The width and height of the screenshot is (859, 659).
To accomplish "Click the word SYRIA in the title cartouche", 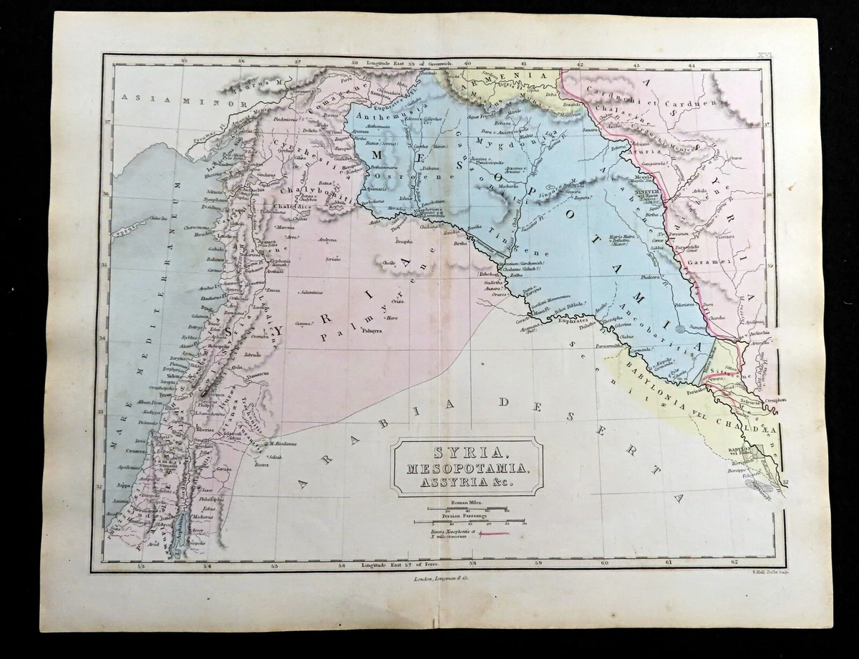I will [x=466, y=454].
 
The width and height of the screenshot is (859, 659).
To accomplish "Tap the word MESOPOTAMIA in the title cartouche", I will [x=466, y=469].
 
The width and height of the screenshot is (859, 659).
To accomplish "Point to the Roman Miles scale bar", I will [x=469, y=509].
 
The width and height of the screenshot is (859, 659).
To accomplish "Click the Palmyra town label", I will [x=369, y=332].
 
